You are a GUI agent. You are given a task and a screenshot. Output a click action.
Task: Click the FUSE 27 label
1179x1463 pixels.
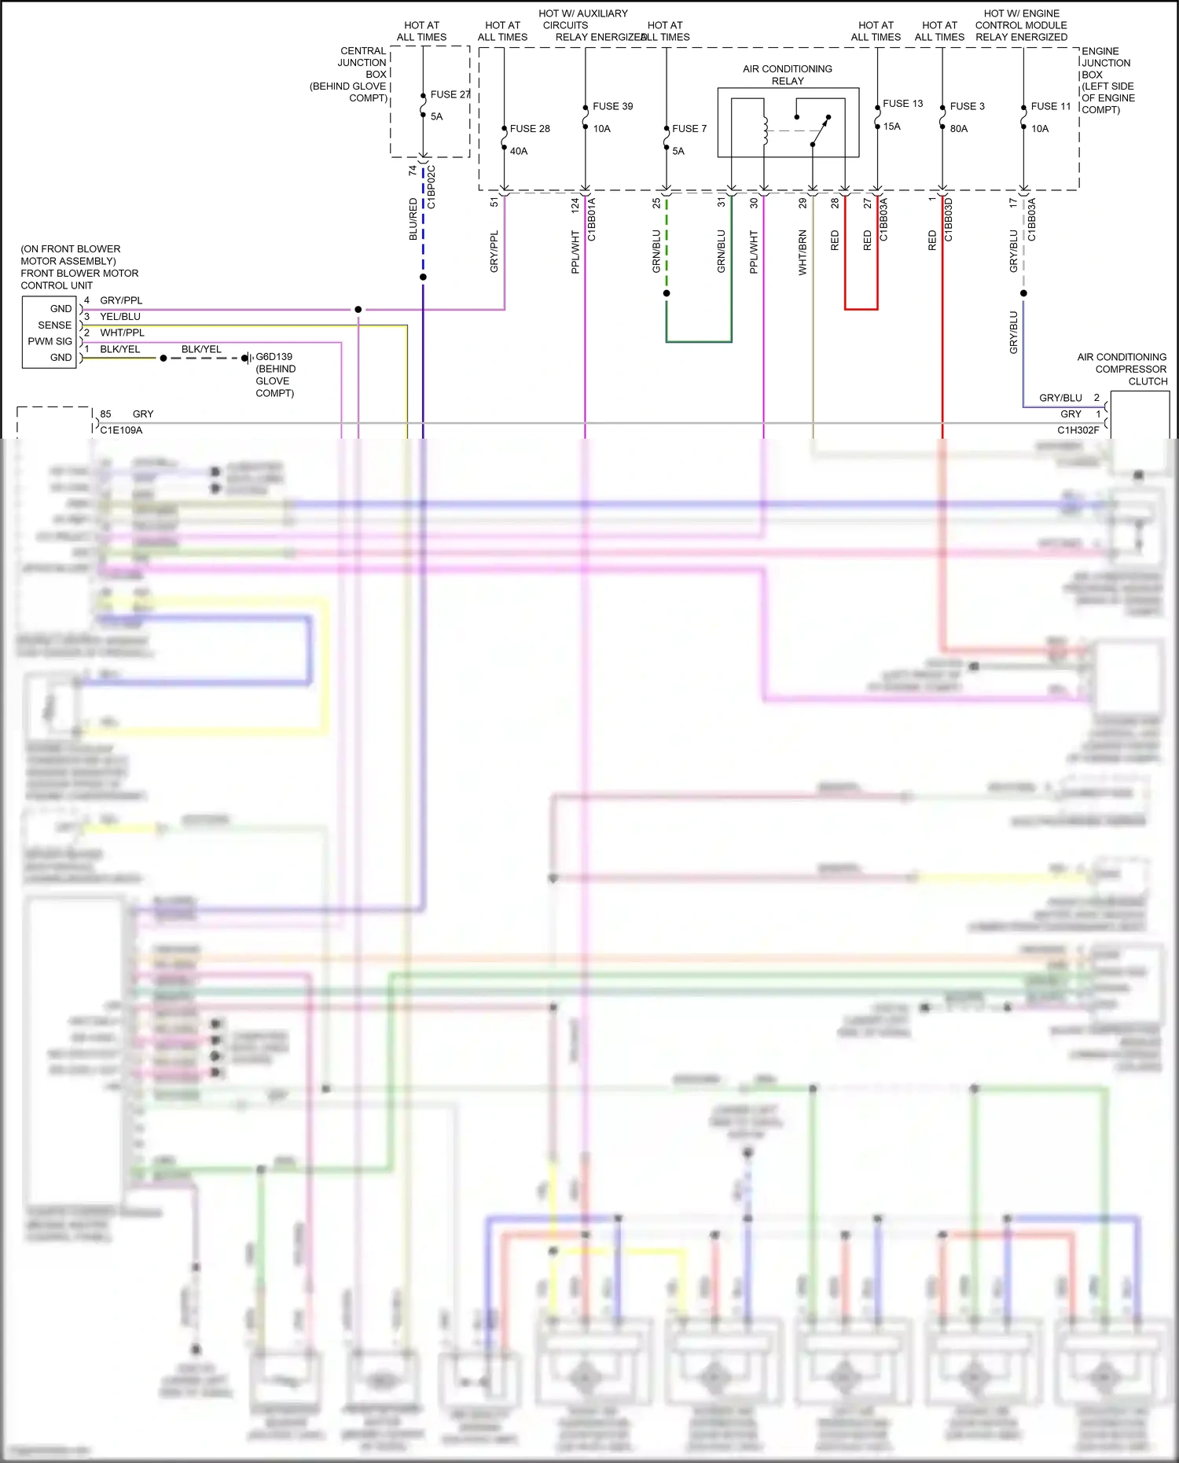(x=450, y=94)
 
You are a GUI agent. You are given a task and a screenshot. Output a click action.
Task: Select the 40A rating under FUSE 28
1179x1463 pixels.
(x=519, y=151)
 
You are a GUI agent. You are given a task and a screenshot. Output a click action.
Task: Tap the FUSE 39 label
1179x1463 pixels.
(x=612, y=106)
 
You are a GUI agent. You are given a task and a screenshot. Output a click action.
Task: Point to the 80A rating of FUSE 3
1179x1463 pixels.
(x=959, y=129)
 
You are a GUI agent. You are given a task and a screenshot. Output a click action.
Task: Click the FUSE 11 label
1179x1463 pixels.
(x=1051, y=106)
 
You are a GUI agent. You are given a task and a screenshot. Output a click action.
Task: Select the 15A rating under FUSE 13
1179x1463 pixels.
(x=891, y=127)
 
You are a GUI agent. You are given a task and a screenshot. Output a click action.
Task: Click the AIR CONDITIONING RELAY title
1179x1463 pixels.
(x=787, y=75)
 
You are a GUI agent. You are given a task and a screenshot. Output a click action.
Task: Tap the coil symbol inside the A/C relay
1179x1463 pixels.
(x=765, y=130)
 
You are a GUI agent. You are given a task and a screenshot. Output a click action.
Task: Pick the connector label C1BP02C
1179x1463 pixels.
(x=432, y=187)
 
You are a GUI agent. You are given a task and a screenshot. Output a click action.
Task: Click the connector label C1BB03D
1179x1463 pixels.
(x=949, y=219)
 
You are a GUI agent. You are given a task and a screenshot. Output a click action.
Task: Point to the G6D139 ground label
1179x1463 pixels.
(x=274, y=357)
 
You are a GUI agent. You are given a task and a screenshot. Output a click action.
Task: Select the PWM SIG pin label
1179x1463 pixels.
(x=50, y=341)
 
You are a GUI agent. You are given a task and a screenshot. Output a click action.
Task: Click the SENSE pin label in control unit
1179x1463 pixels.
(x=54, y=325)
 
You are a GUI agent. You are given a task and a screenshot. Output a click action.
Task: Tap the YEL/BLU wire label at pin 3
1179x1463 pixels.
(x=120, y=317)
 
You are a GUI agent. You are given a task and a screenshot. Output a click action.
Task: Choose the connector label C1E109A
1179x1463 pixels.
(x=121, y=430)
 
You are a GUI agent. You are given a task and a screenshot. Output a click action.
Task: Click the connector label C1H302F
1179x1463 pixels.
(x=1078, y=430)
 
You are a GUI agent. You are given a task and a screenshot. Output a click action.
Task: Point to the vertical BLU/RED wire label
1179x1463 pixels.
(x=413, y=219)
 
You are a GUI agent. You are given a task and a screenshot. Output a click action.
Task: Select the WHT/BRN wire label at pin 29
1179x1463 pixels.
(x=803, y=252)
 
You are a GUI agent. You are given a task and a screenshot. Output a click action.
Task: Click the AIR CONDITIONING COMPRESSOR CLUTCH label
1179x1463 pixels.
(x=1122, y=369)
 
